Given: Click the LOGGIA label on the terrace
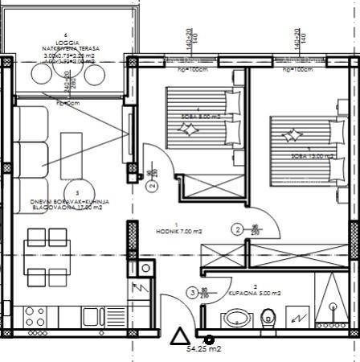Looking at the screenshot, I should point(65,42).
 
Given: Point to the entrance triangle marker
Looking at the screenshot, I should point(180,335).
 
